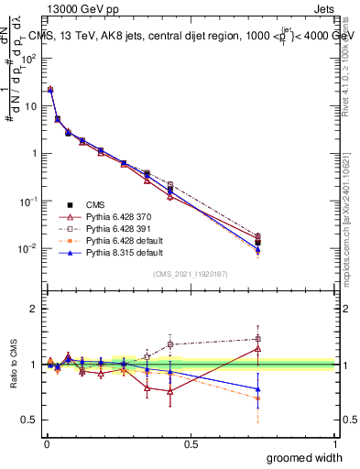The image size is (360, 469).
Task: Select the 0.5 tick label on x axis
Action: coord(191,442)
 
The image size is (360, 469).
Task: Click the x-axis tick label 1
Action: coord(335,442)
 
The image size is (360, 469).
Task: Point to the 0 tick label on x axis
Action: coord(46,442)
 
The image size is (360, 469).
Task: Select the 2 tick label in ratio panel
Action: coord(34,309)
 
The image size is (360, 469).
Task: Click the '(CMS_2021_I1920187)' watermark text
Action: coord(190,274)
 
